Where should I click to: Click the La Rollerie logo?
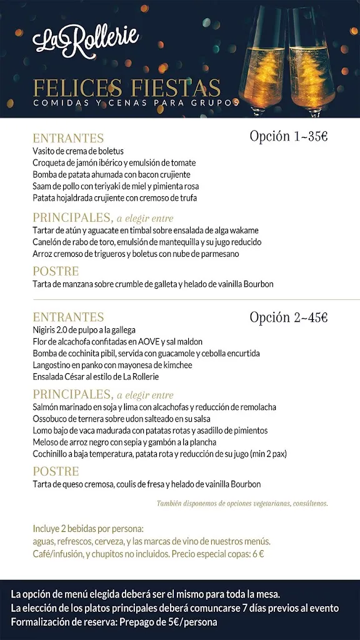[86, 41]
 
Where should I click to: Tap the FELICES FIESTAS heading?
[127, 87]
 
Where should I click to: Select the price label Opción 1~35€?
[288, 136]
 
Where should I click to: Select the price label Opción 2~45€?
[288, 317]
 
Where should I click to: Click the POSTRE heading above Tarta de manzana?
[56, 271]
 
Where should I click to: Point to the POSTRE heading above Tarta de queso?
[56, 471]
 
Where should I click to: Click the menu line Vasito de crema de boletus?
[78, 151]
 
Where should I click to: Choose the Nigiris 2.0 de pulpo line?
[84, 330]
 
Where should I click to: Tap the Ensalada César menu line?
[96, 377]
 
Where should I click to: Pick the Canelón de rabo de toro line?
[147, 242]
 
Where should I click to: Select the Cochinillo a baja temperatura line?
[169, 454]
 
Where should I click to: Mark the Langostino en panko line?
[112, 365]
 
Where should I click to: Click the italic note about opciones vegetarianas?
[242, 503]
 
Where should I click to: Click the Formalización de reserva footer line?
[114, 622]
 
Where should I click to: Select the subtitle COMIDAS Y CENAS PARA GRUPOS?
[136, 102]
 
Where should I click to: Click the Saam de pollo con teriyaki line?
[116, 186]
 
